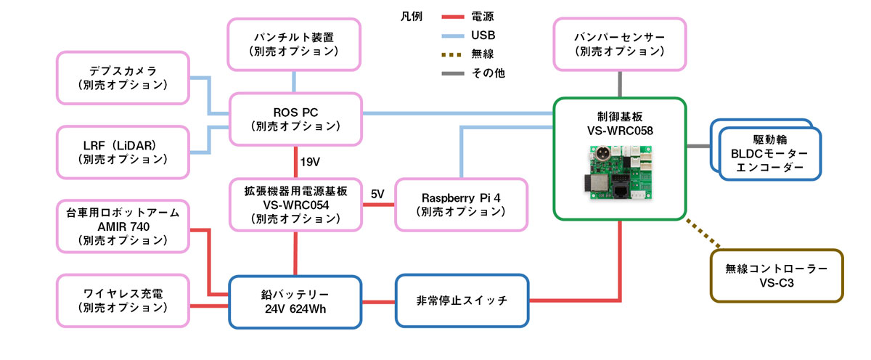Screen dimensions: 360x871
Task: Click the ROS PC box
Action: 295,119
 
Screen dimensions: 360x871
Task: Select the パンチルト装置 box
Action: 295,44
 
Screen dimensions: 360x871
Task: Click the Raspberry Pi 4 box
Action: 462,205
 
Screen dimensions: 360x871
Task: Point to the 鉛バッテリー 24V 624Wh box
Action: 295,300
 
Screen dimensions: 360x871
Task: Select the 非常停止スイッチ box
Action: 462,300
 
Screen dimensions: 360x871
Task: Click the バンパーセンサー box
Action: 619,44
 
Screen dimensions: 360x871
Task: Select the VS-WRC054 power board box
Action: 295,205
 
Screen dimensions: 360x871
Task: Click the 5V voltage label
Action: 378,195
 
